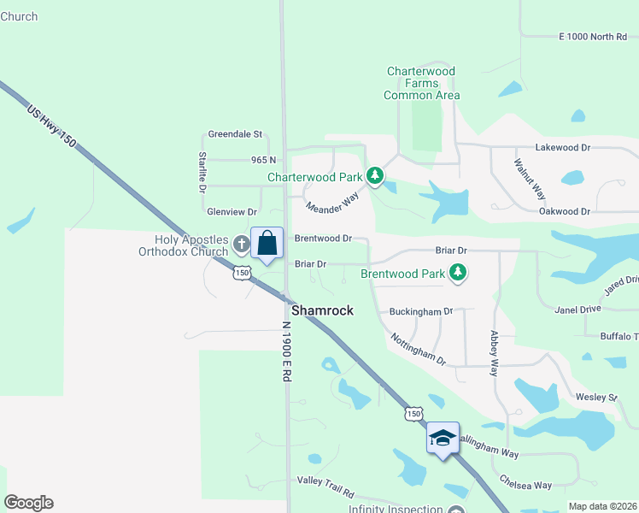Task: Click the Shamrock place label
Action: point(322,311)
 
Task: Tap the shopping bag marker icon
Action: point(267,244)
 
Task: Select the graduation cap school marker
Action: point(443,439)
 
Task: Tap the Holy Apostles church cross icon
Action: point(241,245)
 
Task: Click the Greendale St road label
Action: point(234,135)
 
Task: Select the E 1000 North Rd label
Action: point(593,37)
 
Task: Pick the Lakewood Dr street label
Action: point(562,148)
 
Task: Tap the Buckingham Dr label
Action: point(420,312)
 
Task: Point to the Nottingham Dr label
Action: point(419,349)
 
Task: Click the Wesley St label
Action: point(595,398)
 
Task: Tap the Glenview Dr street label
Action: point(232,212)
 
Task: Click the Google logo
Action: point(28,503)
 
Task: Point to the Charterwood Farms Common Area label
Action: point(421,84)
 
